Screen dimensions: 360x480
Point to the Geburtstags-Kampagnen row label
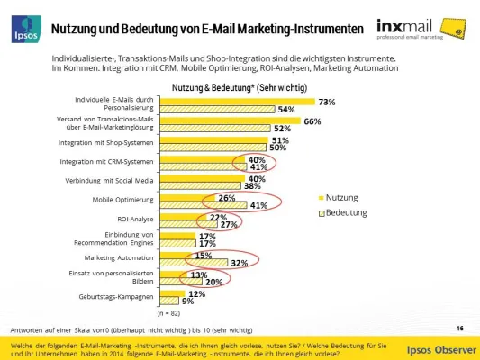click(x=120, y=294)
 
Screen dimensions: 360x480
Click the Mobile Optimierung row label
click(x=123, y=197)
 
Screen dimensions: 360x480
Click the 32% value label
click(x=238, y=263)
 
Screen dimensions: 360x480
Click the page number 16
click(x=459, y=328)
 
